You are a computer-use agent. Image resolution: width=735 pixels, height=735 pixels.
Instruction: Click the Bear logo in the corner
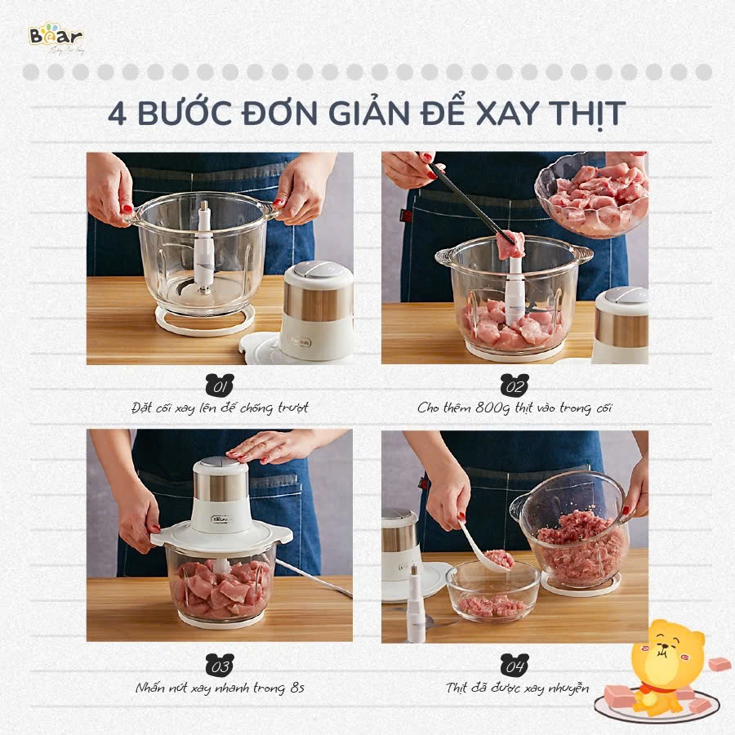55,38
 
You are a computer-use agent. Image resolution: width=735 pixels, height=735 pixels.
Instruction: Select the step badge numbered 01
220,384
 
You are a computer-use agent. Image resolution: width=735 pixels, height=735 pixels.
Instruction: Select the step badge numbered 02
514,384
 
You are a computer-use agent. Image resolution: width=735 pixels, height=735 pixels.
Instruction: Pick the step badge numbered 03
220,662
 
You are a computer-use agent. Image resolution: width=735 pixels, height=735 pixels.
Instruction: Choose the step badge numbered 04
514,662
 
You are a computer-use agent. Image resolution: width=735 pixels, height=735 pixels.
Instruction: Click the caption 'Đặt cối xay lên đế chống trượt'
220,408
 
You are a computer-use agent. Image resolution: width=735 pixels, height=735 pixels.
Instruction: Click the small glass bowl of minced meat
492,590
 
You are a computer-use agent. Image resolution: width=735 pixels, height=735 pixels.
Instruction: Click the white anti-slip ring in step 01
204,323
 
